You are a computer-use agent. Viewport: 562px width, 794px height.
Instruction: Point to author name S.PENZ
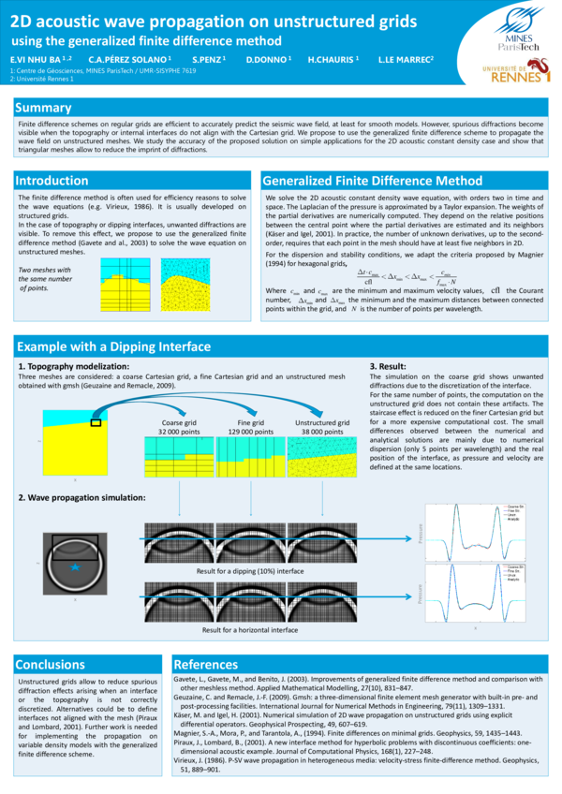[x=209, y=59]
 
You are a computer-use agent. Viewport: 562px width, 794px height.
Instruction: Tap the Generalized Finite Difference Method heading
[x=372, y=180]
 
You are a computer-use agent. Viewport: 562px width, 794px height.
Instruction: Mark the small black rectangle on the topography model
[x=95, y=422]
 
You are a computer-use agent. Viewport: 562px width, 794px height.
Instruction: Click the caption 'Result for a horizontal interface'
[x=250, y=630]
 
